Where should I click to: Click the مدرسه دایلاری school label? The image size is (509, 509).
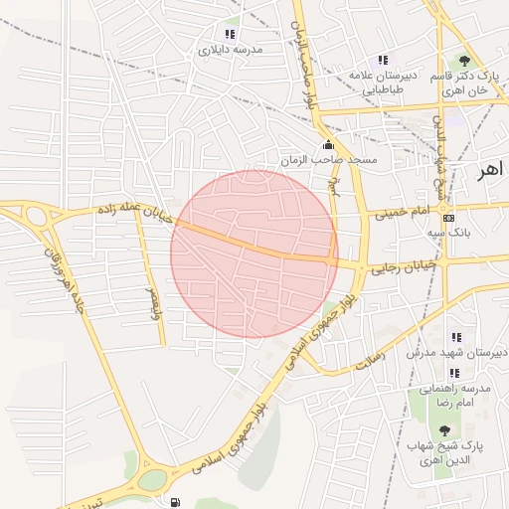(230, 49)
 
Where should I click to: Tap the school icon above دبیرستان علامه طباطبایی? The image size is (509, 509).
(385, 61)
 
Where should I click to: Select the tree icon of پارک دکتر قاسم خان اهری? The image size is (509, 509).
(463, 61)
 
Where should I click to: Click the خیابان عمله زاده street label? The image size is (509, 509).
(135, 211)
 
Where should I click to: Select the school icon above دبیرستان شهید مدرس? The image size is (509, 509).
(456, 338)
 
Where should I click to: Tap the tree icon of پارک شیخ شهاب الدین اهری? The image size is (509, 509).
(443, 430)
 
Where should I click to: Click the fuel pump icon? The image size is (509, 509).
(176, 502)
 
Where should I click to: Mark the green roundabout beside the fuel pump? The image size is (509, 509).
(152, 480)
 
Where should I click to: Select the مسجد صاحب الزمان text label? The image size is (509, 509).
(316, 160)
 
